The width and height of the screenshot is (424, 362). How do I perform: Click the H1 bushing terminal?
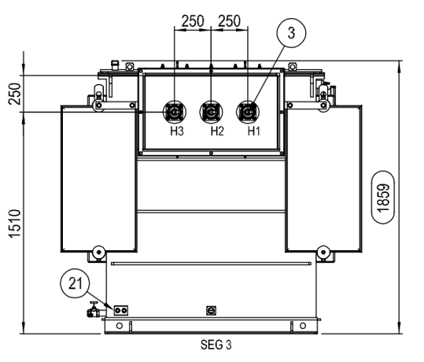(248, 112)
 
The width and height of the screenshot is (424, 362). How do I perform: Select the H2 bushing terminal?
(211, 112)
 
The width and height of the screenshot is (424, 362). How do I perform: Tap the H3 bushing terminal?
(175, 112)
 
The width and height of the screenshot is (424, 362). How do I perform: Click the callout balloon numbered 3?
(291, 33)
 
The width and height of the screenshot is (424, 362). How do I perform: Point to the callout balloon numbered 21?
(75, 283)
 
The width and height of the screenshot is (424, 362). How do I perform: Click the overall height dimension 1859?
(383, 198)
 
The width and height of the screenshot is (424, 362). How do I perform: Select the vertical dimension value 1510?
(15, 223)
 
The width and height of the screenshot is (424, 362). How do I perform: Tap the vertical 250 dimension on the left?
(15, 94)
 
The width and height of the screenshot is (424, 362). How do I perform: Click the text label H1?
(254, 131)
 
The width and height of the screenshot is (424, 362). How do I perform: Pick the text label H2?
(217, 131)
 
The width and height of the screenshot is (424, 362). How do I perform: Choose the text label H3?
(177, 131)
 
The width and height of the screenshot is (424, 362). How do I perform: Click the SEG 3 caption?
(216, 345)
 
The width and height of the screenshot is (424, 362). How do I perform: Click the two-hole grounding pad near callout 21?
(121, 310)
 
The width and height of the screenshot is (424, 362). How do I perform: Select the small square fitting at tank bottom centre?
(211, 311)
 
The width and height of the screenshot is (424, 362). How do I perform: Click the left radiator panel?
(98, 179)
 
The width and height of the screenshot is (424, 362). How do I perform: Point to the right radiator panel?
(323, 179)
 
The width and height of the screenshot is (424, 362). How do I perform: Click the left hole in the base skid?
(120, 326)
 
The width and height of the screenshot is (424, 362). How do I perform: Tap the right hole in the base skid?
(303, 326)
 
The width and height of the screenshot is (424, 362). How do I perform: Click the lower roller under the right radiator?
(323, 252)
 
